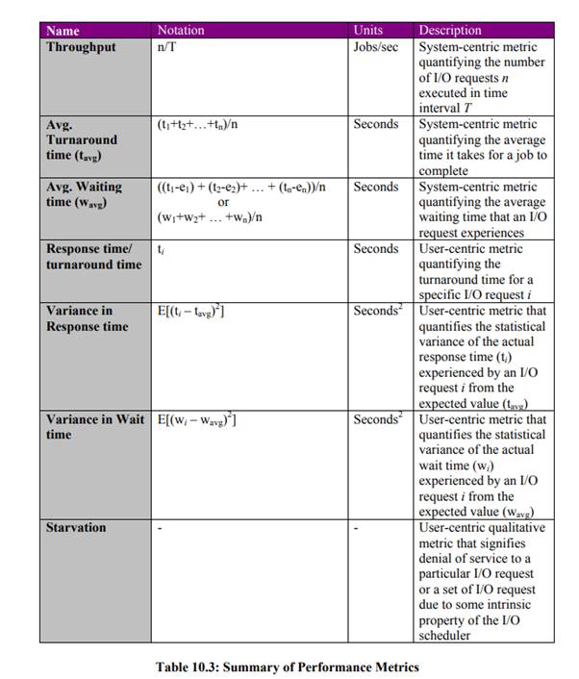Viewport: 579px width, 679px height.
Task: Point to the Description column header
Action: click(x=450, y=31)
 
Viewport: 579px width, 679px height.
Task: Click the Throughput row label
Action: click(x=83, y=47)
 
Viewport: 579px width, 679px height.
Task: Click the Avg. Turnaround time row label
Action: click(x=82, y=139)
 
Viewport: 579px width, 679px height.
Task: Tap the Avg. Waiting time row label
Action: click(x=84, y=194)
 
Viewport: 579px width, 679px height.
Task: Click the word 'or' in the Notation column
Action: click(x=223, y=202)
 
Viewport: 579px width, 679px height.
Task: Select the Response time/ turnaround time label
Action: click(x=93, y=257)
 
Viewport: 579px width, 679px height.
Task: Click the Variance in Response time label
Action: click(x=88, y=318)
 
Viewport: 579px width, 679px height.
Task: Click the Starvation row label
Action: click(x=76, y=528)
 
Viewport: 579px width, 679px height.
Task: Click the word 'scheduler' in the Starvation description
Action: click(x=446, y=636)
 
